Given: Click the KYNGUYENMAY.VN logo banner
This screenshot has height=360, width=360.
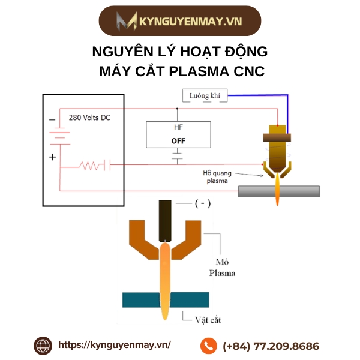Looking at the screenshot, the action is [x=180, y=21].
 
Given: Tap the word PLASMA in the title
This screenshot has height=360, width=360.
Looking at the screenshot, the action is [x=199, y=71].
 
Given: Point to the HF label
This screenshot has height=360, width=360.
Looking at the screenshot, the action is [x=178, y=128].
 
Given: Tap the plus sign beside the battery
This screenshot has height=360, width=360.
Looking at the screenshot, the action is [x=52, y=157].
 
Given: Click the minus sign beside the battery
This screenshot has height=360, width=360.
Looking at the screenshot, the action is [x=52, y=119].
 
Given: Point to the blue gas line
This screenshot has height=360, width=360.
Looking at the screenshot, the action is [x=289, y=114].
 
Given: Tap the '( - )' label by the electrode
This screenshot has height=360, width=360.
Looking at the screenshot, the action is [x=202, y=204].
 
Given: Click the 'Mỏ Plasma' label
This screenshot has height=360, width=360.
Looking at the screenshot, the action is [x=221, y=267].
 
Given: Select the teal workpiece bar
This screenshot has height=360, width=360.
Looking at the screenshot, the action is [x=163, y=299].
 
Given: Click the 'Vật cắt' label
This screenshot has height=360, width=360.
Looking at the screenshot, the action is [x=208, y=320].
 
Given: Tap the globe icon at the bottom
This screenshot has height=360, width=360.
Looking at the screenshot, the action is [x=43, y=345].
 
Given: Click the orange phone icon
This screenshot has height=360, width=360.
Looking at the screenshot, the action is [x=208, y=346].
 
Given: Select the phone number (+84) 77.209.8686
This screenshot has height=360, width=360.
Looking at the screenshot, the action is [x=271, y=346].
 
